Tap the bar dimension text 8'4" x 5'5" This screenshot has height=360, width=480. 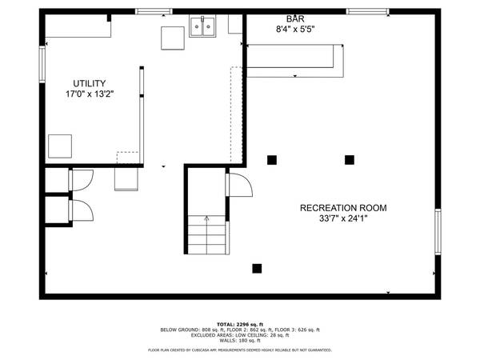click(x=294, y=30)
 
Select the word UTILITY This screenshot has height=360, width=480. click(x=90, y=83)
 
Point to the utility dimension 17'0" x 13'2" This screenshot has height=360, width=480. click(x=90, y=94)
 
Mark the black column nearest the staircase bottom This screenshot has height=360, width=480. click(x=257, y=268)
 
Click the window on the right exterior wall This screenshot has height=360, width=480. click(x=438, y=232)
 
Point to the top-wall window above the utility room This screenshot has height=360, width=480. click(x=154, y=11)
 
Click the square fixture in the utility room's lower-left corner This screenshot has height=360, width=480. click(x=60, y=146)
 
